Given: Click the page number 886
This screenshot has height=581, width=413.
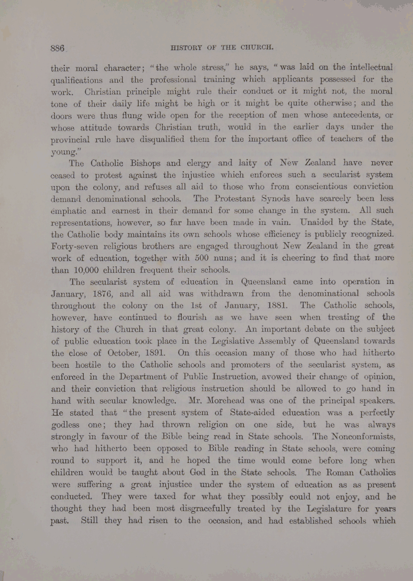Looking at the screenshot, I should point(57,48).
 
